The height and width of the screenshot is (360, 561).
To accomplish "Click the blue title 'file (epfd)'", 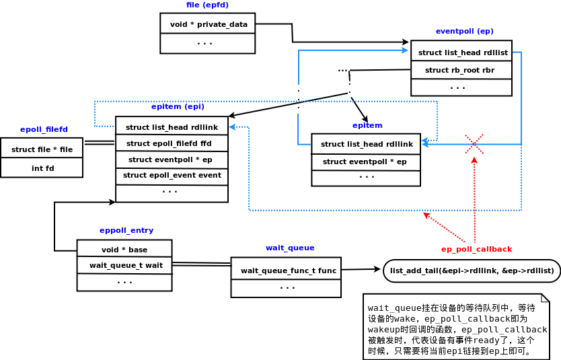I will tap(207, 5).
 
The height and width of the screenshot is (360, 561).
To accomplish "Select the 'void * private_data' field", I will tap(208, 24).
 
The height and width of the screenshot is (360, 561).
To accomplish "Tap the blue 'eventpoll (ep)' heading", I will tap(464, 31).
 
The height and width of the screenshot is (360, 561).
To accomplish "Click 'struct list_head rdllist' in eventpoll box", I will tap(462, 52).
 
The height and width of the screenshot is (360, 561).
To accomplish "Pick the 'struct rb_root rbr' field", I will tap(459, 70).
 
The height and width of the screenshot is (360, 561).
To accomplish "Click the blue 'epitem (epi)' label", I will tap(178, 106).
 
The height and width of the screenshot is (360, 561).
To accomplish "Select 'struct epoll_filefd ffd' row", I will tap(169, 143).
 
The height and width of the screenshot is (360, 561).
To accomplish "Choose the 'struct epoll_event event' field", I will tap(172, 175).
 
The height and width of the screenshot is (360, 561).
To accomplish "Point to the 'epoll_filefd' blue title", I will tap(44, 129).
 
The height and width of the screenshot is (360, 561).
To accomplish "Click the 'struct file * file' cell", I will tap(42, 149).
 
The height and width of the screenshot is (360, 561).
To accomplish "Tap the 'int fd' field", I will tap(42, 168).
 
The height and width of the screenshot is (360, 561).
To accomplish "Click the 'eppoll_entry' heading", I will tap(126, 230).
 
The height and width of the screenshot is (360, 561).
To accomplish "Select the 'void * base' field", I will tap(124, 250).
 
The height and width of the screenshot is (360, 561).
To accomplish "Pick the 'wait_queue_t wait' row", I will tap(125, 265).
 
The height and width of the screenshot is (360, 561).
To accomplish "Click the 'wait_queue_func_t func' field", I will tap(288, 271).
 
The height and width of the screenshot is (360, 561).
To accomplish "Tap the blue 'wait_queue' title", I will tap(290, 248).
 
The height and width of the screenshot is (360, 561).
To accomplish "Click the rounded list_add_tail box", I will tap(472, 271).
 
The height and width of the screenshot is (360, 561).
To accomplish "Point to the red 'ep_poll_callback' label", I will tap(476, 249).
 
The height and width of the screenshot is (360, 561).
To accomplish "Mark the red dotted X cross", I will tap(474, 144).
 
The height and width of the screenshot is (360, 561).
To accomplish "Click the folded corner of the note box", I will tap(546, 297).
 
